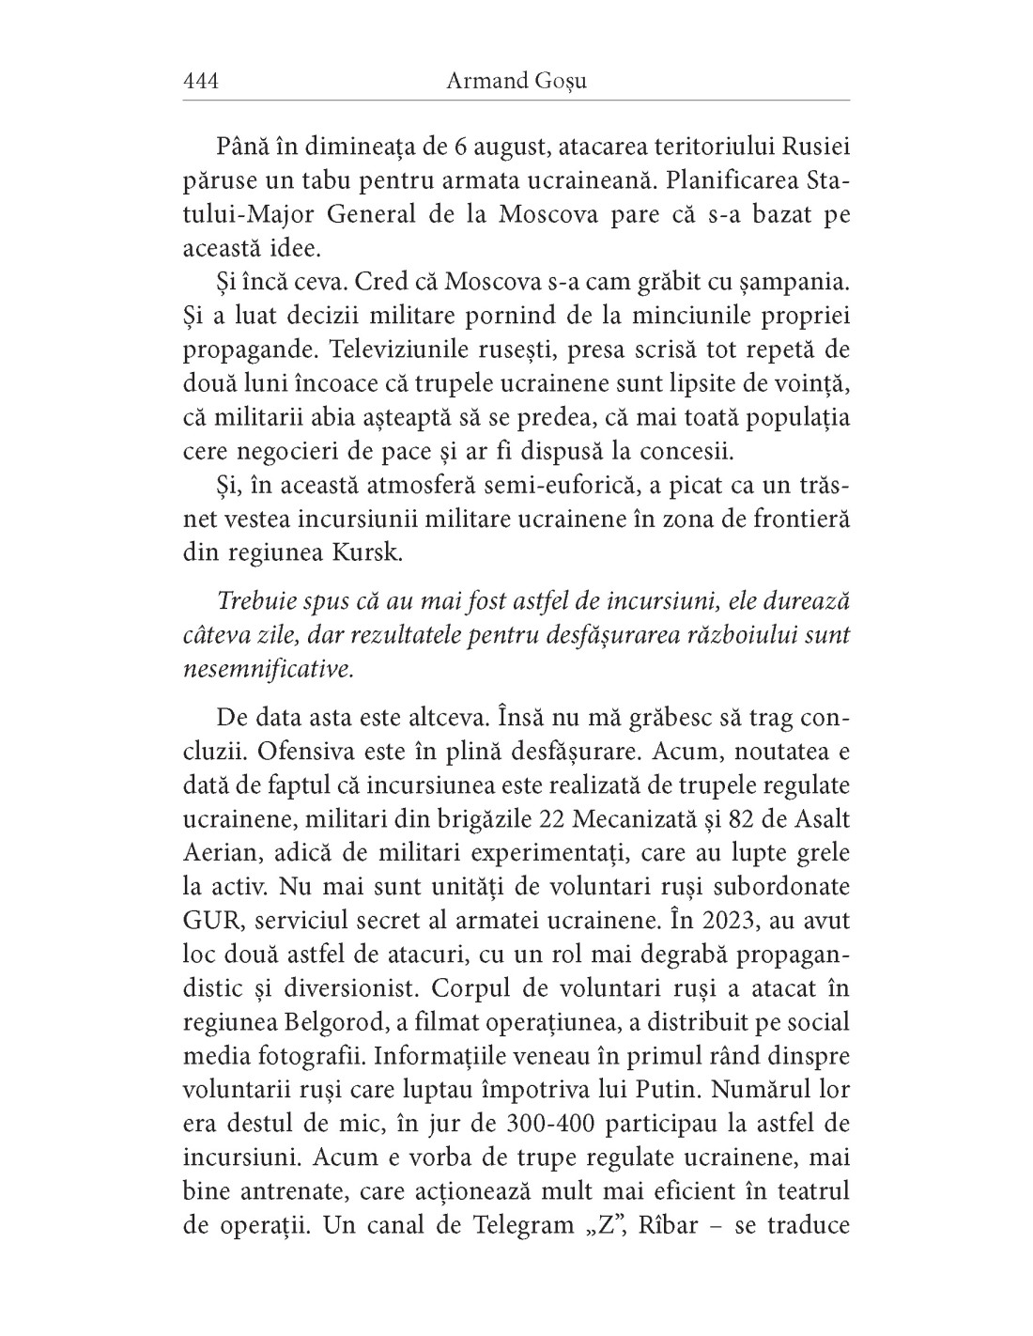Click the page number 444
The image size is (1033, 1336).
(x=200, y=81)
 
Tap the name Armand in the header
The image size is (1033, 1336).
(x=477, y=81)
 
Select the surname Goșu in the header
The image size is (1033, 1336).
(x=561, y=81)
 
